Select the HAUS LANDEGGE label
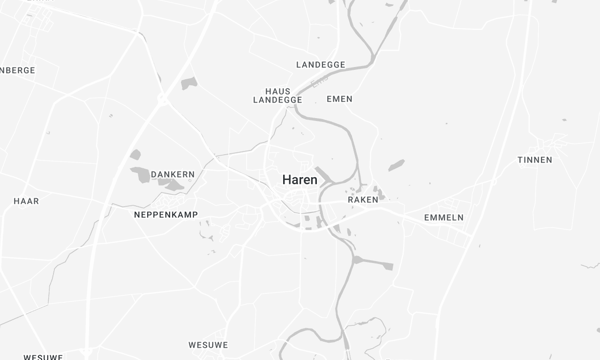277,95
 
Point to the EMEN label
339,100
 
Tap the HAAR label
26,201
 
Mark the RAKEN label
363,200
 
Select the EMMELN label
443,217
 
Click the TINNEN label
535,160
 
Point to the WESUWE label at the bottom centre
207,344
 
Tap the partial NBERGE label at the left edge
17,70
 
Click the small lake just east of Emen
396,165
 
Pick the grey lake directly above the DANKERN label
136,155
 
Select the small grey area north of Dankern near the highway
188,84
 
